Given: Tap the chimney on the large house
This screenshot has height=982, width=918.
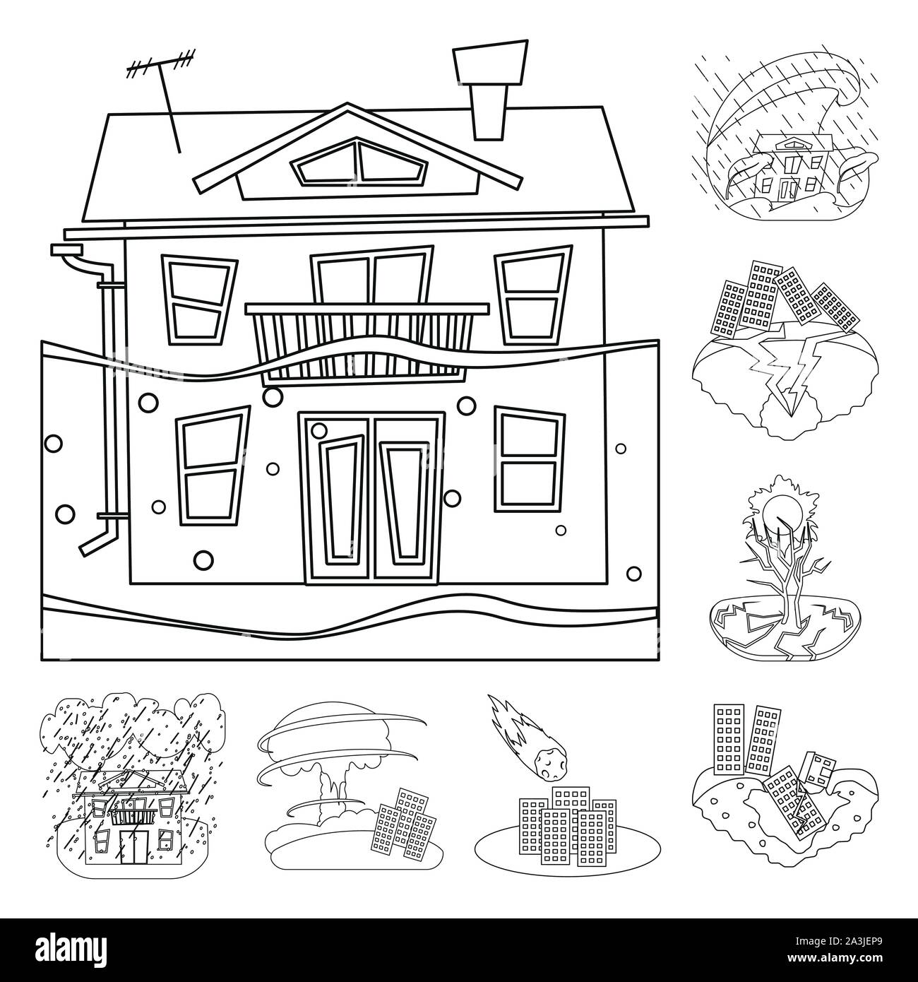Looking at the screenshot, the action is coord(490,89).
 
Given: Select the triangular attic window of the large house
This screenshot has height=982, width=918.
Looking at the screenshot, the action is coord(359,162).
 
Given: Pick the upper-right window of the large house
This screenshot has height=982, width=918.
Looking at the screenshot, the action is coord(533,295).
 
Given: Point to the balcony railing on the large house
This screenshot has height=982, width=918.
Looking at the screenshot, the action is coord(366,344).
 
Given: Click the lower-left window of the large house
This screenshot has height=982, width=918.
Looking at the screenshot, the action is coord(213,466).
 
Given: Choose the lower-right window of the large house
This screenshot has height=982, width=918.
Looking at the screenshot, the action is coord(530,460).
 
